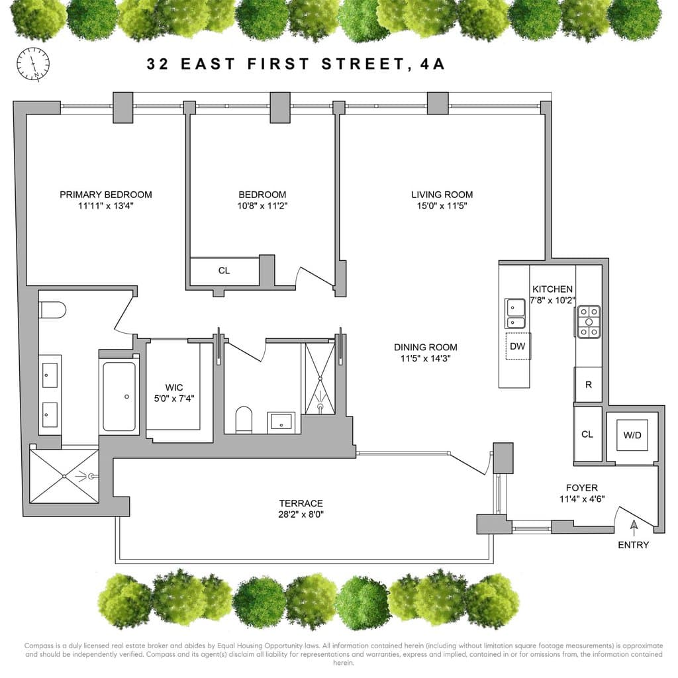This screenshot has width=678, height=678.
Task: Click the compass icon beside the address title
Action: coord(32,64)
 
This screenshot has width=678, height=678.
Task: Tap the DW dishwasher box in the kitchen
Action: coord(518,346)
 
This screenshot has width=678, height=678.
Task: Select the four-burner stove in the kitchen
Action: coord(589,322)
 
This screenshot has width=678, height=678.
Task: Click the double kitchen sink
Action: coord(515,313)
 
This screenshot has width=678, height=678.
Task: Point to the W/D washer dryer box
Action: coord(632,434)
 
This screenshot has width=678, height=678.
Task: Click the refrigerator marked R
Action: coord(589,385)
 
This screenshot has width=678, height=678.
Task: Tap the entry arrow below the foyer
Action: coord(634,528)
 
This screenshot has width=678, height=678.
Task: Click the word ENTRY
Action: coord(634,545)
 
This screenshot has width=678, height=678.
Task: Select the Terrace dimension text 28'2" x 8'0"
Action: coord(301,514)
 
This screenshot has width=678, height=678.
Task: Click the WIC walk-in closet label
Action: coord(173,387)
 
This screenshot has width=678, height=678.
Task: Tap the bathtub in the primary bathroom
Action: coord(119,397)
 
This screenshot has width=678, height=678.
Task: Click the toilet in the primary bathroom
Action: coord(51,309)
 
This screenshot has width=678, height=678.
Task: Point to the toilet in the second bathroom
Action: coord(244,419)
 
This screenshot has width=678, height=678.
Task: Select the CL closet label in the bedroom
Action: coord(224,271)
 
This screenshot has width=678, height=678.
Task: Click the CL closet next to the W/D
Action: coord(587,434)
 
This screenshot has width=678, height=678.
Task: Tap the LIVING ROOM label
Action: coord(442,194)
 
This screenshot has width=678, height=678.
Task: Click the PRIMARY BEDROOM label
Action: coord(106,194)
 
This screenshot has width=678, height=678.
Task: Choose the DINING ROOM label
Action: coord(425,347)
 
